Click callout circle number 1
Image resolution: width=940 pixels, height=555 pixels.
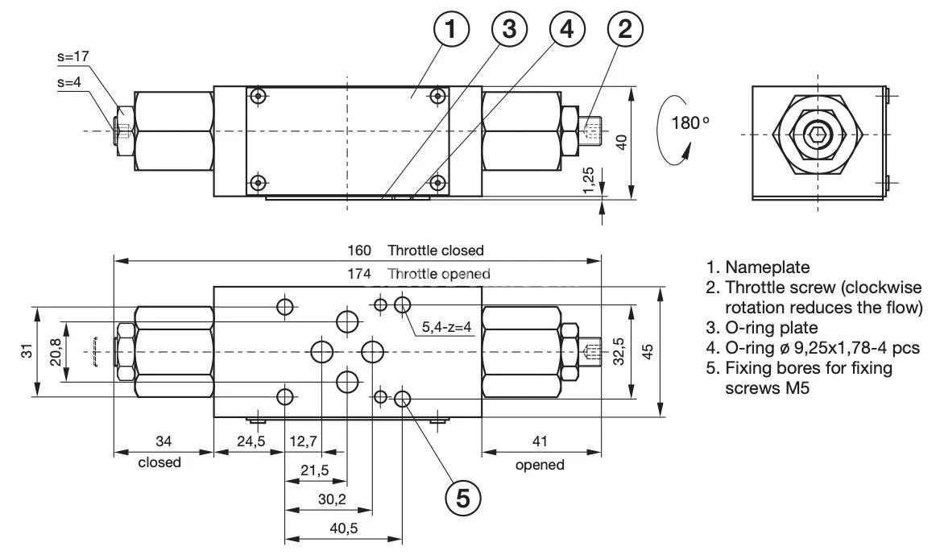(x=452, y=31)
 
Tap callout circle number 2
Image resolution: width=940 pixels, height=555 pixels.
(x=624, y=31)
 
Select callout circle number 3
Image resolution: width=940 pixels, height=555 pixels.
(x=508, y=31)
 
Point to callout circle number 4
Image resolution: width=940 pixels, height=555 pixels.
(x=567, y=31)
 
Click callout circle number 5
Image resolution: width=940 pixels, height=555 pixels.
(x=463, y=497)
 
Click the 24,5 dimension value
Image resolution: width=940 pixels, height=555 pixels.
(x=250, y=441)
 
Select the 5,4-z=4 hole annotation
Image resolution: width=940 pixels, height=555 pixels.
(x=447, y=326)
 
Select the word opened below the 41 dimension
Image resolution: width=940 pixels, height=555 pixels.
(x=540, y=465)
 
